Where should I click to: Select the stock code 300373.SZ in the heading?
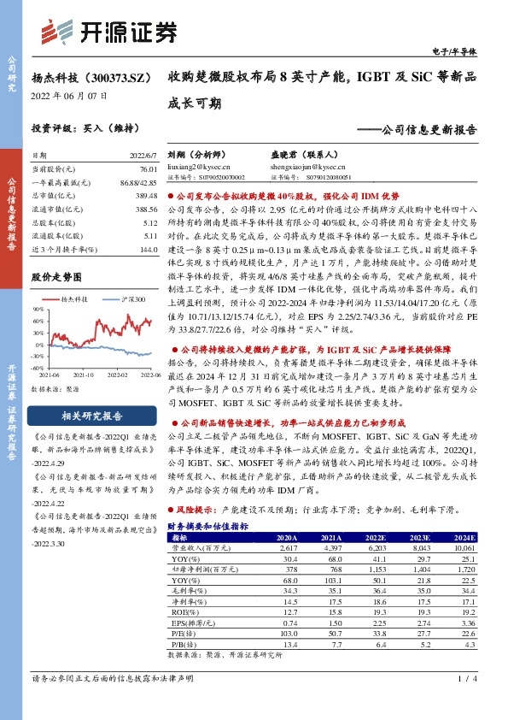point(111,77)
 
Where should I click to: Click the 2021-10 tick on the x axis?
point(84,374)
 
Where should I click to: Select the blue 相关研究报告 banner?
point(91,416)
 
